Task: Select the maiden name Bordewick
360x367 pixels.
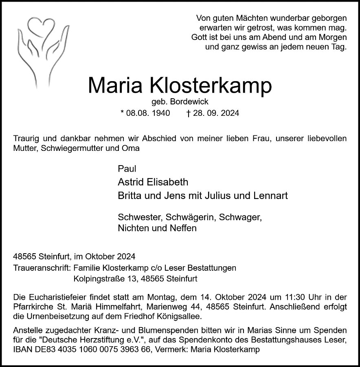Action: click(191, 103)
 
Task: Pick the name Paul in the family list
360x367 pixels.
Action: click(127, 169)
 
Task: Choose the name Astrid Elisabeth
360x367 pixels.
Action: click(153, 182)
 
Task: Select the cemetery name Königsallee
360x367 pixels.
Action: click(179, 316)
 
